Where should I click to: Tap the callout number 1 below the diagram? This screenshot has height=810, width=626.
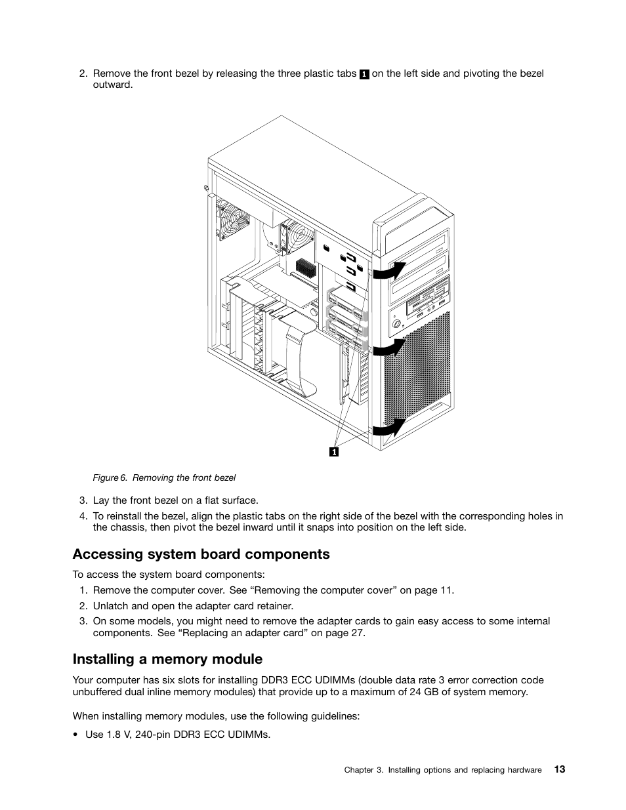click(334, 452)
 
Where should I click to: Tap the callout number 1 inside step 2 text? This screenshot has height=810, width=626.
click(364, 74)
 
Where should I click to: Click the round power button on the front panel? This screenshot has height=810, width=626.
click(396, 323)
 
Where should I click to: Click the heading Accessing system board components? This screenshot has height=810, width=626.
click(201, 554)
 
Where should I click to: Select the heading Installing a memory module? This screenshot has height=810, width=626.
click(167, 659)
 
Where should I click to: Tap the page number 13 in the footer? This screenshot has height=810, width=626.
click(559, 769)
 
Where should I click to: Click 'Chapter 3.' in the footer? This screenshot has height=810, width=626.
click(364, 770)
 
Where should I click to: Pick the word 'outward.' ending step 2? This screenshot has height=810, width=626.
click(113, 85)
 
